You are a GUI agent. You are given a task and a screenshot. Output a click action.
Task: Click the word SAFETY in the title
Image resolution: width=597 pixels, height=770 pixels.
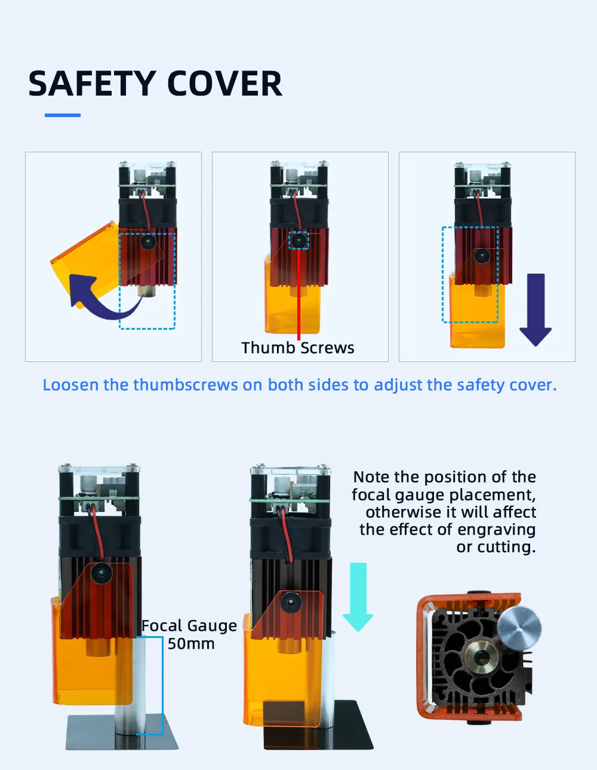[x=92, y=84]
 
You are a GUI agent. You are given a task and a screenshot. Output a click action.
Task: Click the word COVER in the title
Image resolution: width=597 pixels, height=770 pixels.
[x=225, y=84]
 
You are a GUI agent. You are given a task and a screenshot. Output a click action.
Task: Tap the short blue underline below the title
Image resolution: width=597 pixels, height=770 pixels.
[x=63, y=115]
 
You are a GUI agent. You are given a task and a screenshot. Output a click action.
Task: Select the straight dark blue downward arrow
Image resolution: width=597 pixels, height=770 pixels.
[x=536, y=309]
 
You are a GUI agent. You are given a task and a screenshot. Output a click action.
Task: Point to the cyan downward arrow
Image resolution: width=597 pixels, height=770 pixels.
[x=358, y=597]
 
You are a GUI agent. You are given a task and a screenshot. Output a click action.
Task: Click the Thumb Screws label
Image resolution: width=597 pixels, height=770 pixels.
[x=297, y=348]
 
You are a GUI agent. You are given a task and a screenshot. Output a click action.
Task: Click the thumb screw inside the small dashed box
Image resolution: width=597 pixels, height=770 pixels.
[x=299, y=241]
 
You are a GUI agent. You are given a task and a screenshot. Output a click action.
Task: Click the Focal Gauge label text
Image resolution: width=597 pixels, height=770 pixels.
[x=189, y=626]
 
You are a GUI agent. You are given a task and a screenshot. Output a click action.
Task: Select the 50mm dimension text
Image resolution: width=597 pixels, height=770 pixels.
[x=191, y=643]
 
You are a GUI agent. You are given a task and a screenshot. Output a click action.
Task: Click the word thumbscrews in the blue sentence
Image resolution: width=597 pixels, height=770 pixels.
[x=185, y=385]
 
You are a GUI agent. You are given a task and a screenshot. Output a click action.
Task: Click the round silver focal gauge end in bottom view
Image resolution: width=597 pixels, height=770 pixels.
[x=519, y=628]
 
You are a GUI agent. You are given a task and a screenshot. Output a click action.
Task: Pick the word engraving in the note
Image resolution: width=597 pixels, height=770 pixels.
[x=496, y=530]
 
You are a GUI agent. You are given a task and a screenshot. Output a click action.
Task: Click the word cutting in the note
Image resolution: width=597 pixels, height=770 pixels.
[x=506, y=547]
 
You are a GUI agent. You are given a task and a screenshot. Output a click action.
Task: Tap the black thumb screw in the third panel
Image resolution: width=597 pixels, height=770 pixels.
[x=482, y=256]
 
